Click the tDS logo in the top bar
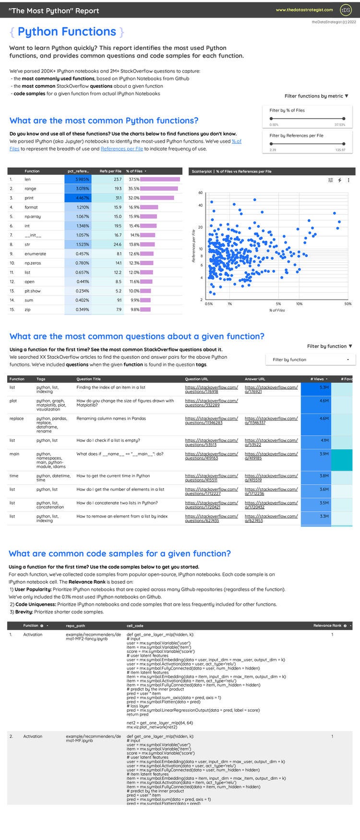345,10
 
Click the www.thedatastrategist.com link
304,10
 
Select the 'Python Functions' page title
67,32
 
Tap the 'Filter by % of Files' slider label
287,110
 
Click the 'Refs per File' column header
110,171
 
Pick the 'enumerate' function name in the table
36,254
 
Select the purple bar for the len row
160,179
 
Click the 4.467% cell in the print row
77,198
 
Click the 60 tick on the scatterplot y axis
200,193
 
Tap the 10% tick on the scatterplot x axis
299,304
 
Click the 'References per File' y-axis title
194,246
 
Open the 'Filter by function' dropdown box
311,360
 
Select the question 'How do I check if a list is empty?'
111,440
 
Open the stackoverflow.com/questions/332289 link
211,402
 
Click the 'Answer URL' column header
255,379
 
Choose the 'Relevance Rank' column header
327,625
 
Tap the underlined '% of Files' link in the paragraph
237,141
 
